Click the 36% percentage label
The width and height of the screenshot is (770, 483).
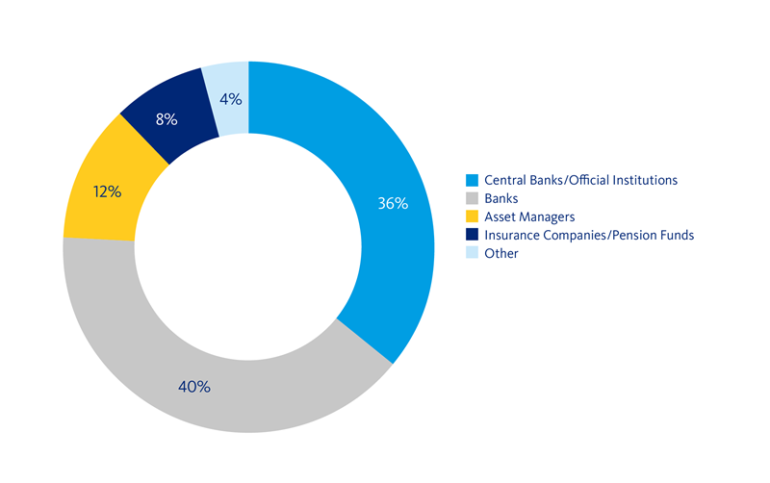click(x=394, y=204)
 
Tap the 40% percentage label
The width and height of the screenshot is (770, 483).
click(x=193, y=387)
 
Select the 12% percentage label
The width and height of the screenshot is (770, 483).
click(x=107, y=191)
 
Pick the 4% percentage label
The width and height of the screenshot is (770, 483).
click(x=230, y=98)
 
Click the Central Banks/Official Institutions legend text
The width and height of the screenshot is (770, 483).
click(x=581, y=180)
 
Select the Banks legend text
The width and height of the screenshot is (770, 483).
click(x=501, y=198)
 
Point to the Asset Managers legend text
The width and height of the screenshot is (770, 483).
click(x=529, y=216)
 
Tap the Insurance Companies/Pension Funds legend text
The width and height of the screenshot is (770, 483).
click(x=589, y=235)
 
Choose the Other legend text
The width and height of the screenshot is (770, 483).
click(x=501, y=253)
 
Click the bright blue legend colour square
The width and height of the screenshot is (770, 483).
click(x=471, y=180)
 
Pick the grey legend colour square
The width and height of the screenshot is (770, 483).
click(x=471, y=198)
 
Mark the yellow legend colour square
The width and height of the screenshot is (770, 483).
click(x=471, y=216)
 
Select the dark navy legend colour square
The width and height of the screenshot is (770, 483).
click(x=471, y=235)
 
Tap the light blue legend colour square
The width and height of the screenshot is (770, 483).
click(x=471, y=253)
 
